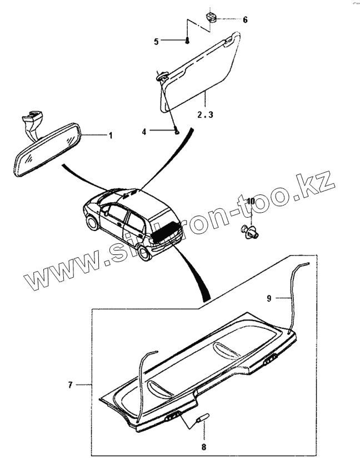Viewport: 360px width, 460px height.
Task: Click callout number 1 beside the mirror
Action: (x=110, y=135)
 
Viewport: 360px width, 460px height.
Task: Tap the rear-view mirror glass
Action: (x=48, y=151)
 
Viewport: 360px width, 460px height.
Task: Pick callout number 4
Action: (x=144, y=132)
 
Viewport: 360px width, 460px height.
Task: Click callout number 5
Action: (x=156, y=41)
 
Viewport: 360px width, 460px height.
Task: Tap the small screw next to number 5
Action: (x=188, y=39)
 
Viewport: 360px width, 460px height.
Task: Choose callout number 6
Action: (x=245, y=19)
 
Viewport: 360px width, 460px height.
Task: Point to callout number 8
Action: (x=203, y=446)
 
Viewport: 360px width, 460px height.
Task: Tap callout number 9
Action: (x=269, y=298)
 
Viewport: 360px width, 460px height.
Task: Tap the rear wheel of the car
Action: (x=146, y=253)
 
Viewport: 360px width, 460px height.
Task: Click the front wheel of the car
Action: (x=89, y=224)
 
